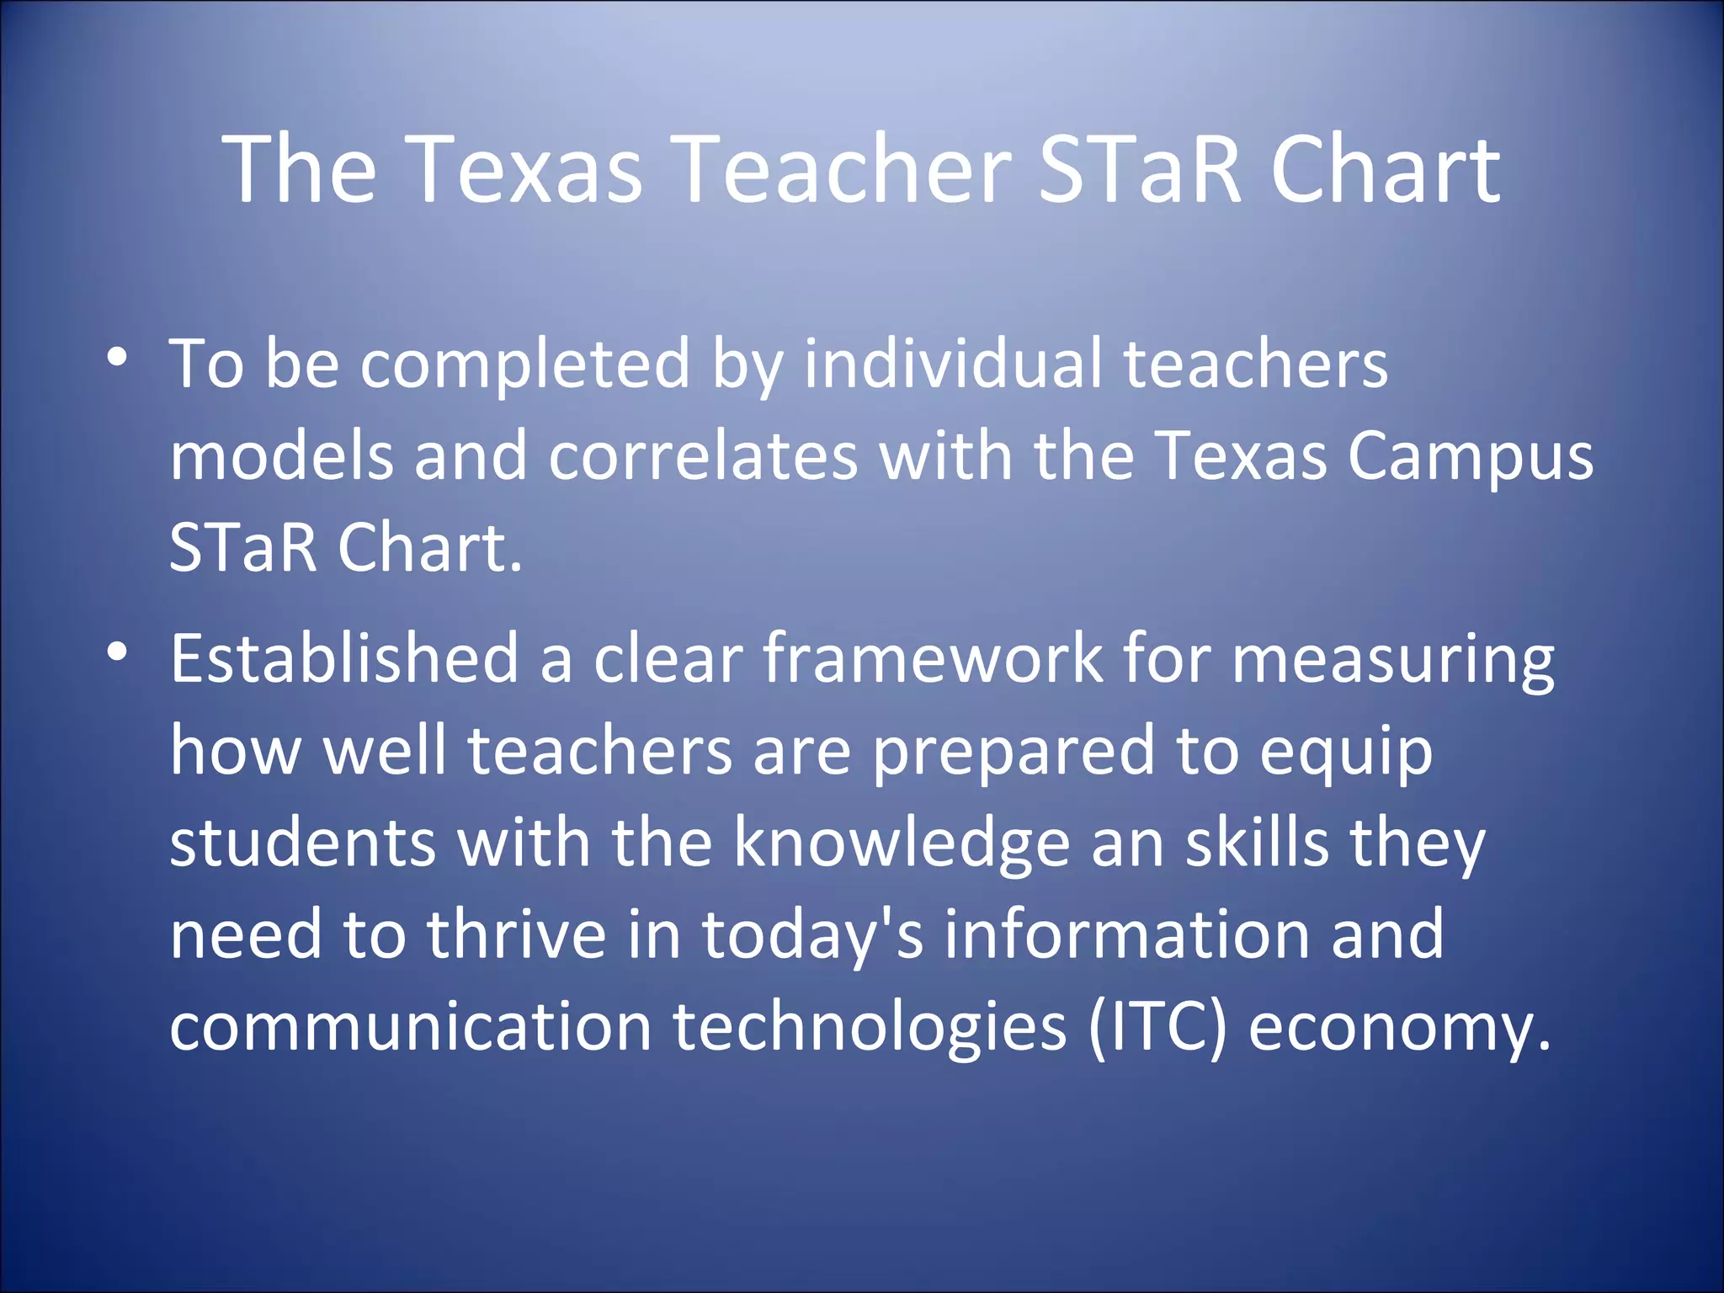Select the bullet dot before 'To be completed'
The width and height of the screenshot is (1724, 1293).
(118, 357)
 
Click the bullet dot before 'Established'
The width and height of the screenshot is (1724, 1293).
(118, 651)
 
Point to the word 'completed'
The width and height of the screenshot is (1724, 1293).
(525, 364)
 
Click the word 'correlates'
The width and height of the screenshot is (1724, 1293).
(704, 455)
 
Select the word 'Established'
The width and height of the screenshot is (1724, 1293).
(344, 657)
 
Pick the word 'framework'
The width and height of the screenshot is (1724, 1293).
(934, 657)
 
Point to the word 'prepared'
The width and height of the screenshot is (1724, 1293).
(1013, 752)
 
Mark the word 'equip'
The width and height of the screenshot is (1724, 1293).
(1346, 752)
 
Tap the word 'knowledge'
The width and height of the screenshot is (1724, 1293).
(902, 843)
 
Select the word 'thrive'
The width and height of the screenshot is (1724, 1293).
(516, 934)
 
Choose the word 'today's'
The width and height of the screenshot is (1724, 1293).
(812, 935)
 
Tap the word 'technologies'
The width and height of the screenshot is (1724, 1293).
(870, 1027)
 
